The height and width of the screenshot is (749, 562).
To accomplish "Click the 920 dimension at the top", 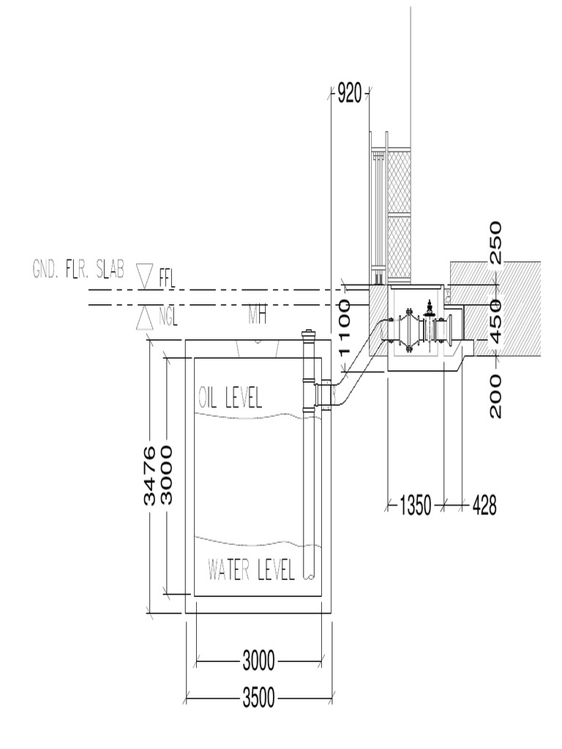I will tap(349, 94).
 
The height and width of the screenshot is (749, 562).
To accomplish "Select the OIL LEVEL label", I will tap(231, 397).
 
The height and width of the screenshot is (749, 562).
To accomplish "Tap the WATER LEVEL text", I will tap(251, 568).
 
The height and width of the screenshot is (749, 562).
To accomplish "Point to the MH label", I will tap(256, 317).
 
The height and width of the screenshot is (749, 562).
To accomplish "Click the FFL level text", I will tap(168, 277).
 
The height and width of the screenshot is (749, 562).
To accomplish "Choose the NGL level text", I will tap(169, 318).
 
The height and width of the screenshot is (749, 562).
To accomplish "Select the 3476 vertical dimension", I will tap(150, 475).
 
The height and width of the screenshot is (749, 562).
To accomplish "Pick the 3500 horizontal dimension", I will tap(258, 699).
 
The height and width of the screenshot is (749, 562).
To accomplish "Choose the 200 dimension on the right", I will tap(496, 396).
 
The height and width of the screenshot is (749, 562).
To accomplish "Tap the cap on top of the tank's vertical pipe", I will tap(309, 334).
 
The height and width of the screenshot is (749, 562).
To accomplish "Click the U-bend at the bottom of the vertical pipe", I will tap(309, 575).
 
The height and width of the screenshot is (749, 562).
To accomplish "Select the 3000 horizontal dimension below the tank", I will tap(258, 663).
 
